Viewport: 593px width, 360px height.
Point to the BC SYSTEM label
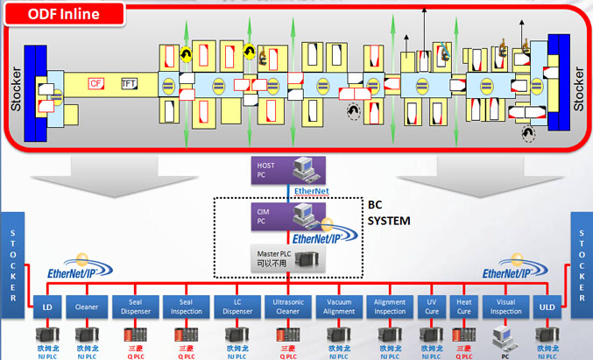pos(388,214)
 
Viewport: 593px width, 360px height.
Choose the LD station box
pos(46,306)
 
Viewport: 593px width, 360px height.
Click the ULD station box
pos(547,306)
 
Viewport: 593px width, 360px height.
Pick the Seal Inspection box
pos(187,306)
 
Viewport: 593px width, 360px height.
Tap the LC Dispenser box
pos(236,306)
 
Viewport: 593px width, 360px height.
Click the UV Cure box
pos(431,306)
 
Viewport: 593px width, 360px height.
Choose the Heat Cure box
pos(464,306)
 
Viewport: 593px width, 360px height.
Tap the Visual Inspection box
pos(506,306)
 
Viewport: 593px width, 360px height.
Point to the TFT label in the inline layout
pos(129,83)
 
